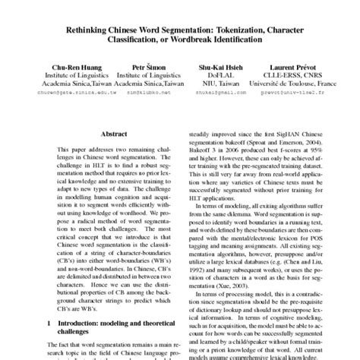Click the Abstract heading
[113, 131]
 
